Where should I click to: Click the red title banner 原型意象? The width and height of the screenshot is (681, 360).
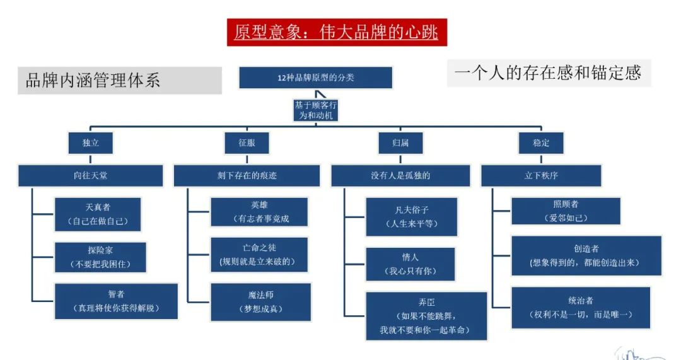pyautogui.click(x=337, y=32)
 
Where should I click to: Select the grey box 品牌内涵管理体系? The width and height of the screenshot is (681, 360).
pyautogui.click(x=119, y=81)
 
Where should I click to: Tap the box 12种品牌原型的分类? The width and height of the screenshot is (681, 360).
pyautogui.click(x=315, y=78)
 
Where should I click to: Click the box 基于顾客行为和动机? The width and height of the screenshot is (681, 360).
pyautogui.click(x=315, y=110)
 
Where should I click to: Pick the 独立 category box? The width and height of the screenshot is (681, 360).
pyautogui.click(x=91, y=143)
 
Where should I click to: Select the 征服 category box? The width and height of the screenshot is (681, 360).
pyautogui.click(x=247, y=143)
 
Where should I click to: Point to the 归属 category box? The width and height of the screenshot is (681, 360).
pyautogui.click(x=401, y=143)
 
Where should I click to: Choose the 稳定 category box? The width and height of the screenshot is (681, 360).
pyautogui.click(x=541, y=143)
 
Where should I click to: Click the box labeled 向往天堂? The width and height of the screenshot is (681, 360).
pyautogui.click(x=90, y=176)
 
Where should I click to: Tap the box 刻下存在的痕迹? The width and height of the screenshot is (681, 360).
pyautogui.click(x=247, y=176)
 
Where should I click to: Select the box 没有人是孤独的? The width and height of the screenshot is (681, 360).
pyautogui.click(x=400, y=176)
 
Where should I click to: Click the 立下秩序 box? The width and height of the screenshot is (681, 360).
pyautogui.click(x=541, y=176)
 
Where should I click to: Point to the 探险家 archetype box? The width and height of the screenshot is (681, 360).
pyautogui.click(x=101, y=257)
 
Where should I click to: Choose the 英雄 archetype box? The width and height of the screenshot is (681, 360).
pyautogui.click(x=259, y=212)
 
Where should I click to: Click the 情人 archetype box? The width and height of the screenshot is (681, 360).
pyautogui.click(x=410, y=264)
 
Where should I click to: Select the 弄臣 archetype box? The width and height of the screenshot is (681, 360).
pyautogui.click(x=426, y=316)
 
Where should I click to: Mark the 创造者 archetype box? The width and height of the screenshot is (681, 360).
pyautogui.click(x=586, y=255)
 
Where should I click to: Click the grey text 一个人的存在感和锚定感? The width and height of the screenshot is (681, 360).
pyautogui.click(x=548, y=73)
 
